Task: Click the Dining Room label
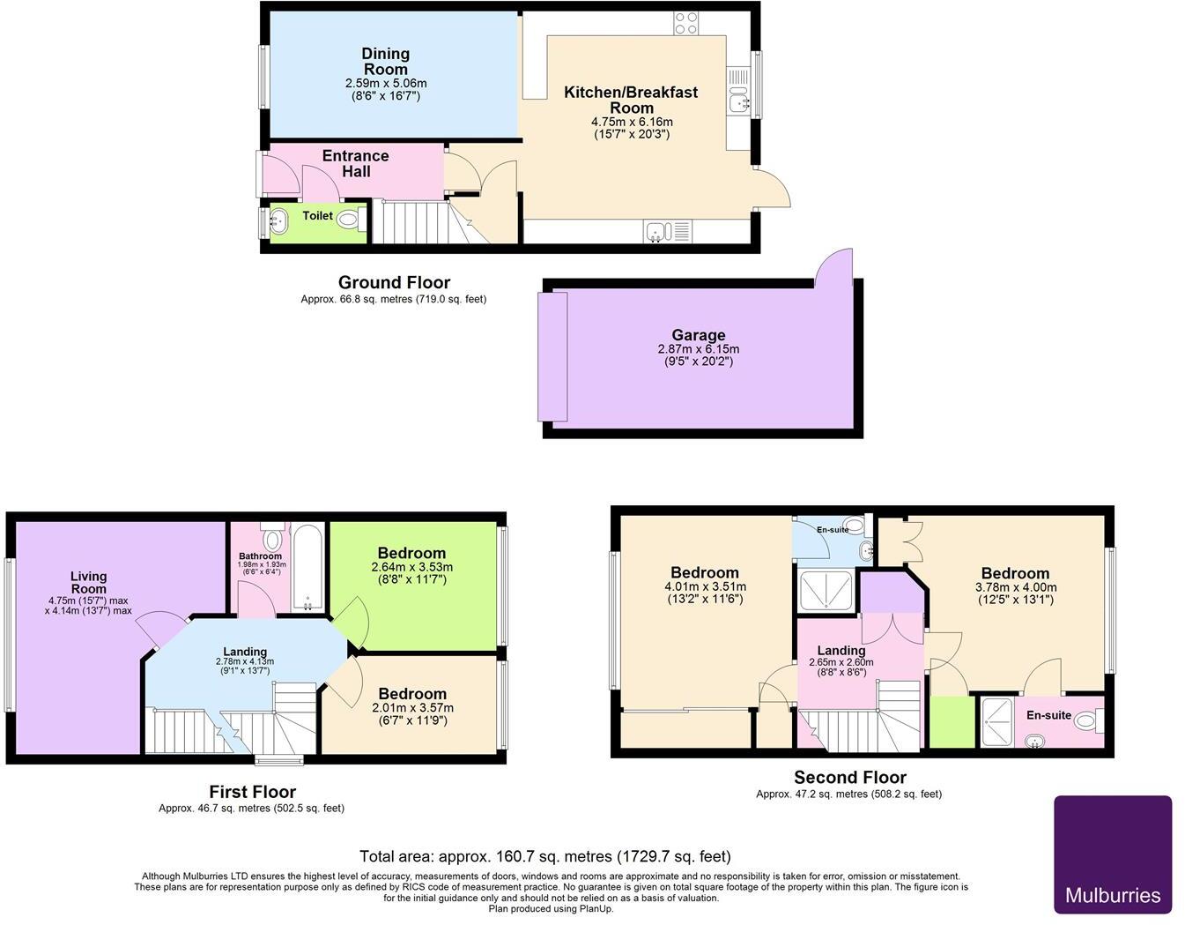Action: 385,62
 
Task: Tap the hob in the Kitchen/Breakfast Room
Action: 686,23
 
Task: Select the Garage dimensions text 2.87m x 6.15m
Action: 698,349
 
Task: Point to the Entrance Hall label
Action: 355,164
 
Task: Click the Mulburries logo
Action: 1113,854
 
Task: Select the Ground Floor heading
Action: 394,282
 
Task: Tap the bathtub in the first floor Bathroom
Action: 309,567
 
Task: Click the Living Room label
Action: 88,583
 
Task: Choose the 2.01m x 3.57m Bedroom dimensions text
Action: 412,707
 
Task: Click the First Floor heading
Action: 252,792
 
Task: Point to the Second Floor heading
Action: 849,777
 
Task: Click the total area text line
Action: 544,856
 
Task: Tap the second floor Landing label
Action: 841,650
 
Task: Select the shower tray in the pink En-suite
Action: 996,722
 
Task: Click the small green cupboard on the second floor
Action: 952,722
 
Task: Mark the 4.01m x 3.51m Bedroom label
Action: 704,572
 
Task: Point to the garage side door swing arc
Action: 833,265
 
